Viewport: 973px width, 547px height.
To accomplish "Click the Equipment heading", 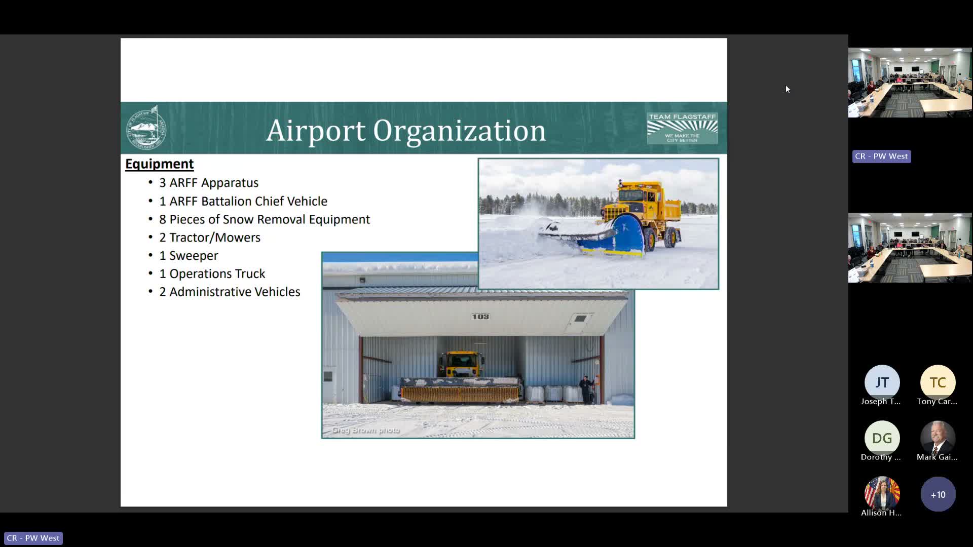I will [x=159, y=164].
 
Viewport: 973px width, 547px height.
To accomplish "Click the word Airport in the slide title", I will [x=315, y=131].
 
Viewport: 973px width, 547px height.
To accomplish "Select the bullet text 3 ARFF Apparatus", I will [x=208, y=183].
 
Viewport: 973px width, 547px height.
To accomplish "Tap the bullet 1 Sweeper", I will [x=188, y=256].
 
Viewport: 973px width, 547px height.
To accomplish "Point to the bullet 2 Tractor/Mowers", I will [x=209, y=238].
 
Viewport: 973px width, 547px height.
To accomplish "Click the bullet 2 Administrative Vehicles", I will [x=229, y=292].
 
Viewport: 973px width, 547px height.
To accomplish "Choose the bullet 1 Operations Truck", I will [x=212, y=274].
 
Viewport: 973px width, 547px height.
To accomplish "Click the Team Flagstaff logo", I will [x=682, y=128].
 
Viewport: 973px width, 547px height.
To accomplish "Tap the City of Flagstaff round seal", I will [x=146, y=128].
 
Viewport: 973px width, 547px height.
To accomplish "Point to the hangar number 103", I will [x=480, y=317].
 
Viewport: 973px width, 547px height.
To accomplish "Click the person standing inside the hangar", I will [x=586, y=388].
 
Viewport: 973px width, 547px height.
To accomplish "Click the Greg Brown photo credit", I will [x=366, y=430].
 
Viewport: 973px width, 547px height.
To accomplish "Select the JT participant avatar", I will [x=882, y=382].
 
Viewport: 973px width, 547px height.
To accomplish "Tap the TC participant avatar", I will [x=938, y=382].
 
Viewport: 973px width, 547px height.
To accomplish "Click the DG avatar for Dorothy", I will [x=882, y=438].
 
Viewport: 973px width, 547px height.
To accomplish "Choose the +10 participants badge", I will [x=938, y=494].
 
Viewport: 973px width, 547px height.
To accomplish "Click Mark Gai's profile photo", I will [x=938, y=438].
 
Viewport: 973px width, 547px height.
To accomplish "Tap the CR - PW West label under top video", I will [x=881, y=157].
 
